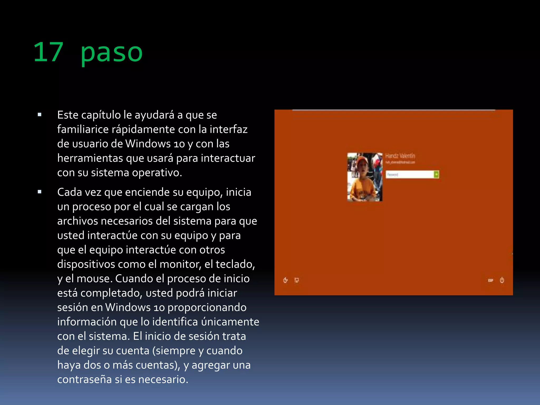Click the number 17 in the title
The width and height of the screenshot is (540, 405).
point(49,52)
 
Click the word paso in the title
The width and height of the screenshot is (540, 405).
point(112,53)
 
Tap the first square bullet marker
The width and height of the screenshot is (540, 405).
point(40,115)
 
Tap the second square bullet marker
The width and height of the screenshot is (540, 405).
point(40,192)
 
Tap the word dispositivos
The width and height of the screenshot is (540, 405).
point(86,264)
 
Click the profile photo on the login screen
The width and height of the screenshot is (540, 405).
point(365,177)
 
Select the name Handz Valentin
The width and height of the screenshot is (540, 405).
point(400,156)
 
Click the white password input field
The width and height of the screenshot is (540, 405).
point(410,175)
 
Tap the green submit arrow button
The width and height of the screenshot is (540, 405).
point(436,175)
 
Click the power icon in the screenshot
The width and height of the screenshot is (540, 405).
point(502,280)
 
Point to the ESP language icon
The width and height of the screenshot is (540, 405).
point(490,280)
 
